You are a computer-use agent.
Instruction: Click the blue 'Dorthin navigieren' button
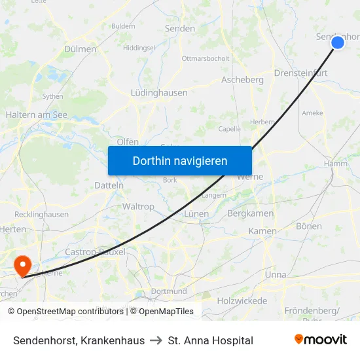pos(180,160)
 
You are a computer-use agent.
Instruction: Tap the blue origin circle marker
pos(338,43)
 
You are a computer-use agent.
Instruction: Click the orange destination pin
pos(23,265)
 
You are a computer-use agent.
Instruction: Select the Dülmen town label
pos(81,49)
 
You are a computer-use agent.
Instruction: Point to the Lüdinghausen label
pos(159,93)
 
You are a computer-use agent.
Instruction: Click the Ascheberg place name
pos(242,80)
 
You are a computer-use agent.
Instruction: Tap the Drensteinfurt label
pos(300,73)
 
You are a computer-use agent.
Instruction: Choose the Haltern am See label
pos(37,115)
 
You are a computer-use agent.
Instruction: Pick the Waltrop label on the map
pos(138,206)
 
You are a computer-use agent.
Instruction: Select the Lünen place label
pos(196,214)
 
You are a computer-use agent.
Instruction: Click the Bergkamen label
pos(250,213)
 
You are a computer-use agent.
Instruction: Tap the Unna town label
pos(275,275)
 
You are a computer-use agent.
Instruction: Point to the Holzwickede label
pos(242,301)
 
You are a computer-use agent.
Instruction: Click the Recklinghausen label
pos(41,214)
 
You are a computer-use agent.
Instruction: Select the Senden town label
pos(180,29)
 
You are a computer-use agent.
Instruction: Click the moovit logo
pos(321,340)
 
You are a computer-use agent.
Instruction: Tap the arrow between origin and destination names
pos(156,340)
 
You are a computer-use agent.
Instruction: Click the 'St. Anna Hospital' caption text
pos(210,340)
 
